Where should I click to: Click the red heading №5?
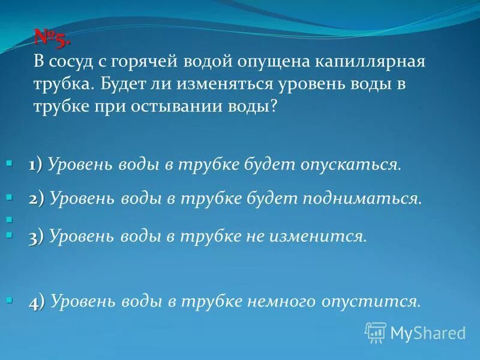click(x=52, y=40)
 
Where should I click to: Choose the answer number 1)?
click(x=34, y=164)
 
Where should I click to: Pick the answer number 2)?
click(x=36, y=199)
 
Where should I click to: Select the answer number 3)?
click(x=36, y=236)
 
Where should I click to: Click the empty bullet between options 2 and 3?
click(x=9, y=219)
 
